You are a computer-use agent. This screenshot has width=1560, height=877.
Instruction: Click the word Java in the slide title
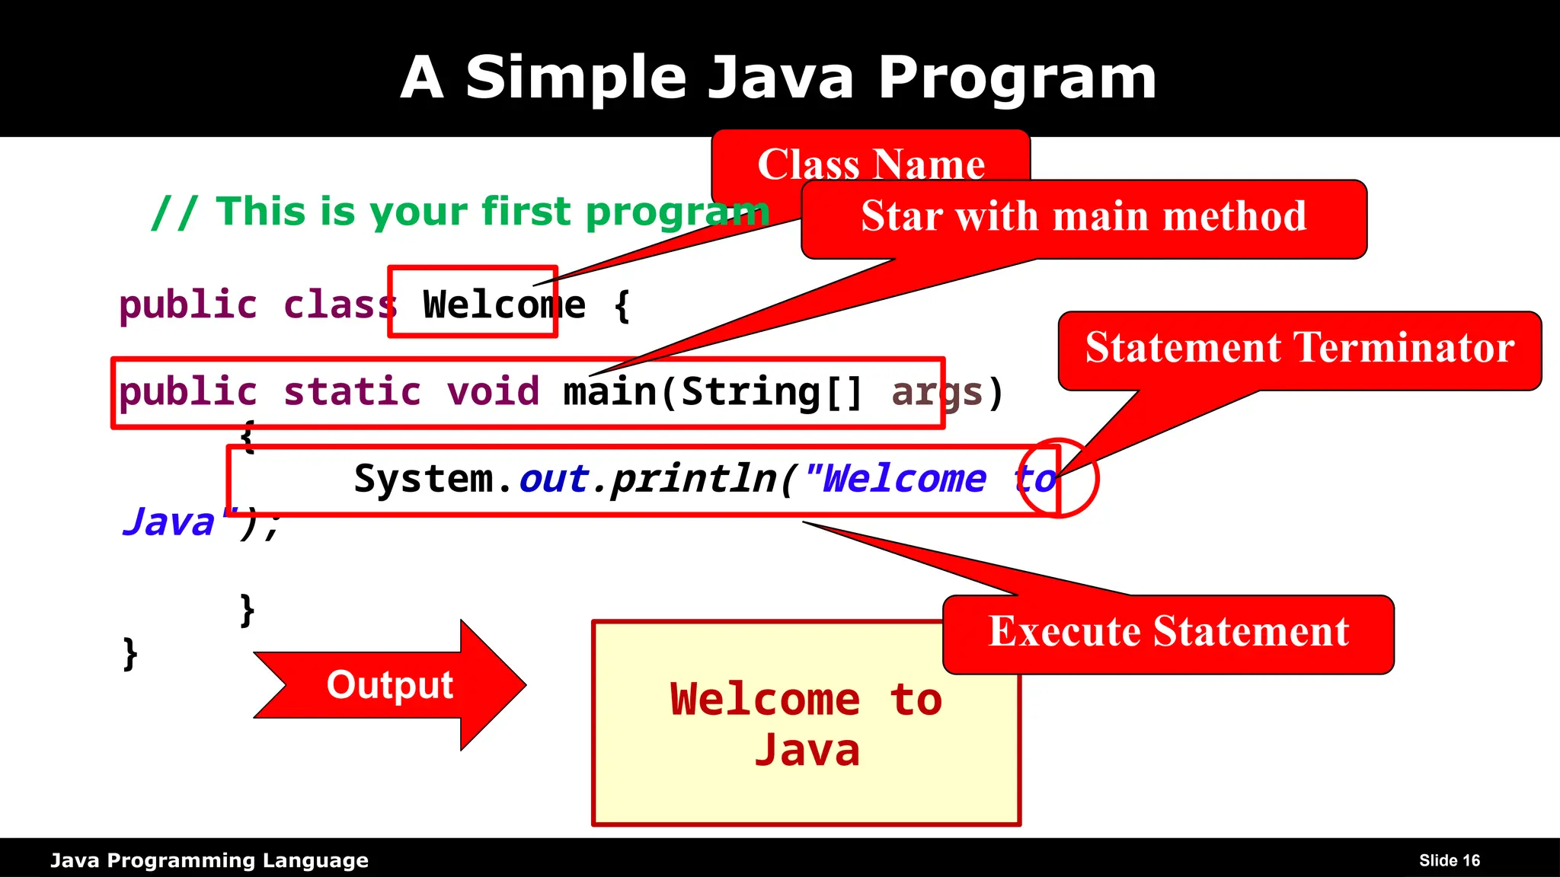[781, 78]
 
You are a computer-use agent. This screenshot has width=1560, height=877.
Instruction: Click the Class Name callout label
[871, 163]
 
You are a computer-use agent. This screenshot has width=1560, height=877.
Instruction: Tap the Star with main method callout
[1083, 217]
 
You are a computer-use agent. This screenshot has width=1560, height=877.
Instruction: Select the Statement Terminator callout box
[1299, 349]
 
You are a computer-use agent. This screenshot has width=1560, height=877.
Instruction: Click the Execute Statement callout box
[1168, 633]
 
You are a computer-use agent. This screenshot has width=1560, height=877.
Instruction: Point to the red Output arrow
[390, 684]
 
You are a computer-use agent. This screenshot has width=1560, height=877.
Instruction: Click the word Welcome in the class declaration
[503, 305]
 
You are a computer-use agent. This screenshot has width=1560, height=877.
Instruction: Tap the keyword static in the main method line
[352, 392]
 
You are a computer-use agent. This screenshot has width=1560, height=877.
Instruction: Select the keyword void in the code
[493, 392]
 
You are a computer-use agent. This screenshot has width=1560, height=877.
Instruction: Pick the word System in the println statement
[423, 480]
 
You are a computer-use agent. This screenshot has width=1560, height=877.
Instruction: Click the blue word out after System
[554, 480]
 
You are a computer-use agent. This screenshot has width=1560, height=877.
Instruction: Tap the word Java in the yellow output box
[807, 751]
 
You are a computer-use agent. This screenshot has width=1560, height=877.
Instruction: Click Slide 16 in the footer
[1449, 860]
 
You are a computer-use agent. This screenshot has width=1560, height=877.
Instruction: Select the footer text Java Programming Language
[209, 860]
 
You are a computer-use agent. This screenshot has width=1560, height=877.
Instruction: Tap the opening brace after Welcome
[622, 305]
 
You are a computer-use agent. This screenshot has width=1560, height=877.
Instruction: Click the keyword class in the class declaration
[340, 305]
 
